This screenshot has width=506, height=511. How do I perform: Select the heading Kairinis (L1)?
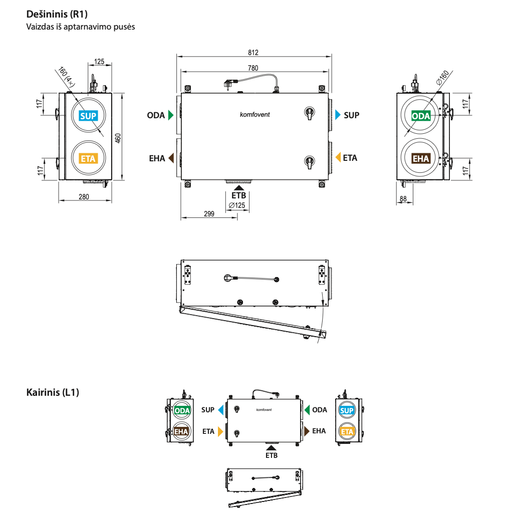coord(53,392)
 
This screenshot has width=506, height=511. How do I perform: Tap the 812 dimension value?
coord(253,53)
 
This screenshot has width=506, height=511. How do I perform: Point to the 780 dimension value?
coord(253,68)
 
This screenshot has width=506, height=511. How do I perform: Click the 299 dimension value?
coord(209,214)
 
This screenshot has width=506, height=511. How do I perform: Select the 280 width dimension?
coord(84,197)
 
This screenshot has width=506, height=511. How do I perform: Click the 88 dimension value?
coord(403,199)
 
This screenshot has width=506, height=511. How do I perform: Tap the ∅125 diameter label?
coord(237,205)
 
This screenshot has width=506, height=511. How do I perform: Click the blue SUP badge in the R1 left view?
coord(88,116)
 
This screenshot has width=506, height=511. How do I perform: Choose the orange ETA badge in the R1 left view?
coord(88,159)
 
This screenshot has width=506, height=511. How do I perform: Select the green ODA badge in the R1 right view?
coord(421,116)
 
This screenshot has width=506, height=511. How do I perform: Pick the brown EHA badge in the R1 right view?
coord(421,159)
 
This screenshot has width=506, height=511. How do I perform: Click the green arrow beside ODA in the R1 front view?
coord(171,115)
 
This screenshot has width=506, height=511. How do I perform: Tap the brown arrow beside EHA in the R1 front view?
coord(171,158)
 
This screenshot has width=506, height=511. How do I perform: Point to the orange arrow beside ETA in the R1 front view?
coord(338,157)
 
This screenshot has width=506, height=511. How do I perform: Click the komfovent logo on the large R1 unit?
coord(255,115)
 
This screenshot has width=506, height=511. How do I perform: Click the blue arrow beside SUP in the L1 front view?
coord(220,410)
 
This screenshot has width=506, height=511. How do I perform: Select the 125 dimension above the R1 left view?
coord(99,62)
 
